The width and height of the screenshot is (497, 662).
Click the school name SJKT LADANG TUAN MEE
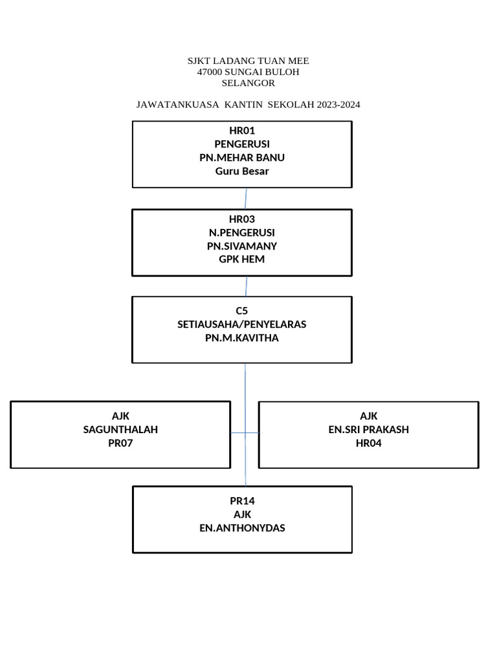248,61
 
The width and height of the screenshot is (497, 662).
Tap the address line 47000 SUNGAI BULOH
248,72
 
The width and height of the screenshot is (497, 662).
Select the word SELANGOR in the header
248,83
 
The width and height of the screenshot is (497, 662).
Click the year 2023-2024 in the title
338,104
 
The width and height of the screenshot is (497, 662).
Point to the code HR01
242,131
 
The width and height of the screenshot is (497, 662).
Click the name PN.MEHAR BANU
242,158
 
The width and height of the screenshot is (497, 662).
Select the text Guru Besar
242,171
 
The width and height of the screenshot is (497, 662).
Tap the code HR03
242,219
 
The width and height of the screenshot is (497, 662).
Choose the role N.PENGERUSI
242,233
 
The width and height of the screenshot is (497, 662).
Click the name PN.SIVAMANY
242,246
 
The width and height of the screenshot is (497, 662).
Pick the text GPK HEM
242,259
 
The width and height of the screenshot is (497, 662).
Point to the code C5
242,310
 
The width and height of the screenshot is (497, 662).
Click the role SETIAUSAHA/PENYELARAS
242,324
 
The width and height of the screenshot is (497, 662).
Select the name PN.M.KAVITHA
242,337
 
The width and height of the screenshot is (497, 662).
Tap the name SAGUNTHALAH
120,429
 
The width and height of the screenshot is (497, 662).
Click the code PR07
120,443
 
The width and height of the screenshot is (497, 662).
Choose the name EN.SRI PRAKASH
369,429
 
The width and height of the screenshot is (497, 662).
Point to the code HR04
369,443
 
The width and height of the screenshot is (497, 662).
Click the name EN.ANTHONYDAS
242,528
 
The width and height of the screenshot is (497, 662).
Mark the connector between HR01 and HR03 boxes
246,198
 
